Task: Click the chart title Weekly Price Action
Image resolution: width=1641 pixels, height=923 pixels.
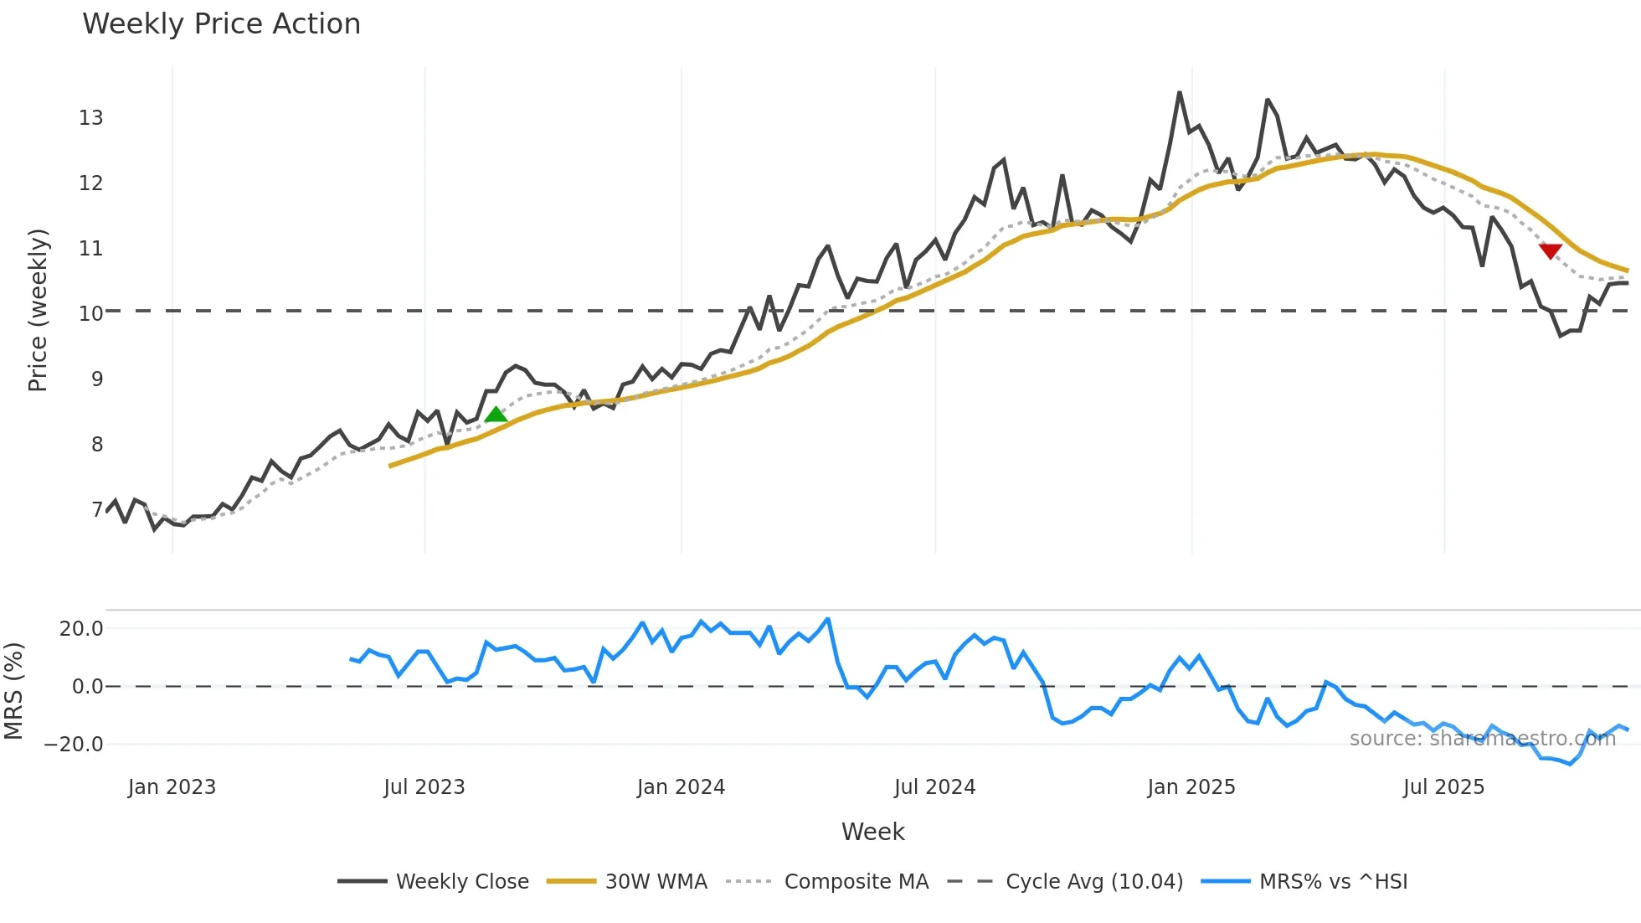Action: point(221,24)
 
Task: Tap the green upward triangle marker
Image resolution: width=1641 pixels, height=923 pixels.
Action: point(496,415)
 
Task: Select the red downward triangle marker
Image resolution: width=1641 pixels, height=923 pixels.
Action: point(1550,251)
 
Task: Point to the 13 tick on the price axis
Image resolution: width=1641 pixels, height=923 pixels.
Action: point(91,118)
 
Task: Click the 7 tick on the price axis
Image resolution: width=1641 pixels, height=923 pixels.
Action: point(97,510)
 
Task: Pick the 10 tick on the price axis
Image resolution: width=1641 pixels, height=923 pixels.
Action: point(91,314)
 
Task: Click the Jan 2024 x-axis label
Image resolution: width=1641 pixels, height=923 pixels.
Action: point(681,787)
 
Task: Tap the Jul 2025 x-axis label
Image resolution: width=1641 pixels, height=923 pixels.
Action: point(1443,787)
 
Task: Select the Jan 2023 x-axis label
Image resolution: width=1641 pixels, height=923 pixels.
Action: point(172,787)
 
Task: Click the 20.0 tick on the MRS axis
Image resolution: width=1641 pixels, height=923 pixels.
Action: point(81,629)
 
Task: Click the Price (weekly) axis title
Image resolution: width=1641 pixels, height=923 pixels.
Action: point(38,310)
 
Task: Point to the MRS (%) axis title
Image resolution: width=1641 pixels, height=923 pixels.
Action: point(13,691)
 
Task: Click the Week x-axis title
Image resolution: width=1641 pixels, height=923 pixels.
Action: point(872,832)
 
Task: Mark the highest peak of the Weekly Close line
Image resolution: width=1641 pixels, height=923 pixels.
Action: point(1180,92)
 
